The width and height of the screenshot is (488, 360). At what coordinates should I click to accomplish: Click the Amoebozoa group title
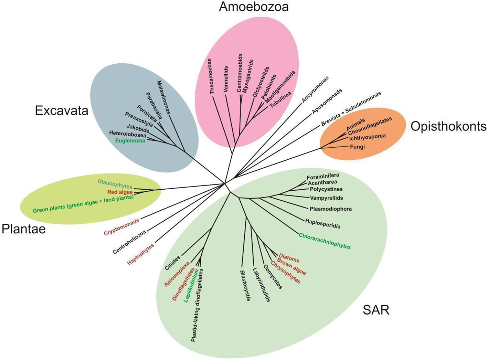[254, 7]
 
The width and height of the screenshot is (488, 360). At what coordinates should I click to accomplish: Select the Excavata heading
[62, 111]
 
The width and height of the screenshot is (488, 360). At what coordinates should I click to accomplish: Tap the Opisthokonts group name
[448, 127]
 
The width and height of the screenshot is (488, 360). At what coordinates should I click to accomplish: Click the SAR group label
[376, 310]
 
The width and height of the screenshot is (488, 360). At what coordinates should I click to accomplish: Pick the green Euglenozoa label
[130, 140]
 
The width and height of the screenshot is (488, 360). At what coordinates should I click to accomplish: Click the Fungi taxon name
[357, 147]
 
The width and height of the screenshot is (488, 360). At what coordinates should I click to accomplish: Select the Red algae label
[120, 192]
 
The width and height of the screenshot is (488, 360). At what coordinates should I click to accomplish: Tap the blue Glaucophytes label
[115, 183]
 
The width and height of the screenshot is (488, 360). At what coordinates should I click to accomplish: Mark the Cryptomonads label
[121, 227]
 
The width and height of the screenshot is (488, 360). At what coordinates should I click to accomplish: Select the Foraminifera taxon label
[323, 176]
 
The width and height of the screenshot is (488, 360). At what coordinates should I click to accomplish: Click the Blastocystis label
[245, 285]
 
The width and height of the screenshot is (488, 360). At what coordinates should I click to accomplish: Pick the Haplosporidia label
[322, 223]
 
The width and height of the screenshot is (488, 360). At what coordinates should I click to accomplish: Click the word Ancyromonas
[315, 89]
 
